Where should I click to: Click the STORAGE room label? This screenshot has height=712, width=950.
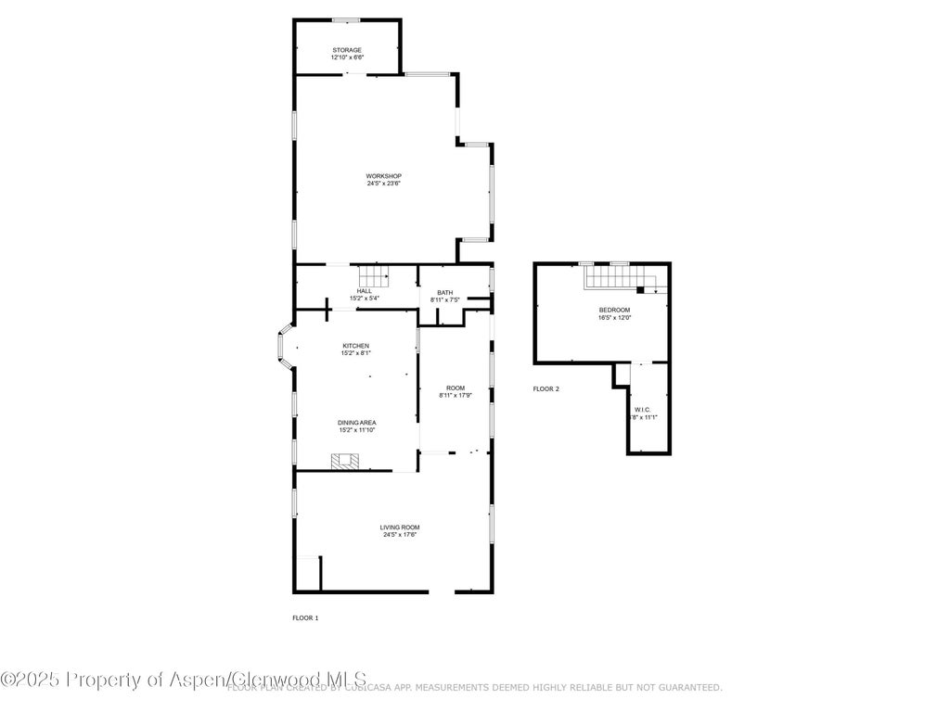[347, 50]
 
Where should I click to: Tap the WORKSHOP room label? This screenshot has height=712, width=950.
[383, 176]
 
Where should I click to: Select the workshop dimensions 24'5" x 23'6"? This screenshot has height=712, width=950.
[383, 184]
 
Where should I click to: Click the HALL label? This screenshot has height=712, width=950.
[365, 291]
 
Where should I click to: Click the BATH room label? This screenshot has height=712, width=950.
[445, 292]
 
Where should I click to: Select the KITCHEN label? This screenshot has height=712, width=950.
[356, 346]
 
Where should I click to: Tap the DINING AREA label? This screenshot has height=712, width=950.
[356, 423]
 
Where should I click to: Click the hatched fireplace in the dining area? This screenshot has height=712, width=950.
[346, 461]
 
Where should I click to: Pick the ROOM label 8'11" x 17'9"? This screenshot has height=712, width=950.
[455, 388]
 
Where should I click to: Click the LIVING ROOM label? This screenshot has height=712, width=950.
[400, 528]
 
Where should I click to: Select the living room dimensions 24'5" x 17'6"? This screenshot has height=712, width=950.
[400, 535]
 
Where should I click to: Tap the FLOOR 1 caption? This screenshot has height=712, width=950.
[305, 617]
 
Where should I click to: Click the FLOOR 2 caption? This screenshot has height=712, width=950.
[546, 389]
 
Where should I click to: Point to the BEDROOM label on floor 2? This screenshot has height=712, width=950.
[614, 310]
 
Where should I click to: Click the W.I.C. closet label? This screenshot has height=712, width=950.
[642, 410]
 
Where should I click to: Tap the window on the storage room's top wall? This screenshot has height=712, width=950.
[347, 20]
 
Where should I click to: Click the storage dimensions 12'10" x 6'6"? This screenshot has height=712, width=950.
[347, 57]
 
